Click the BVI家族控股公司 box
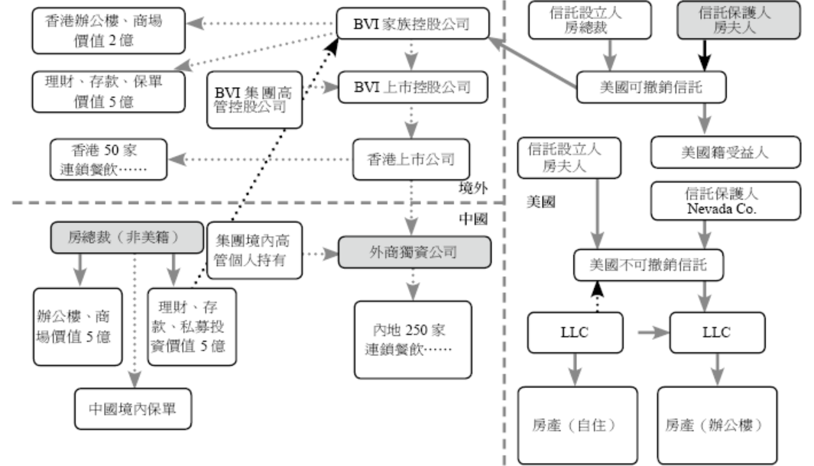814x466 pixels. tap(413, 25)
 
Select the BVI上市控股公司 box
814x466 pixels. tap(413, 87)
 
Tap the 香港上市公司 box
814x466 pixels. tap(410, 160)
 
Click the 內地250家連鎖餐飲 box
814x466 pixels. tap(413, 340)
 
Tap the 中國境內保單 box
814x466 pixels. tap(132, 409)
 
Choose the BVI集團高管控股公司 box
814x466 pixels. tap(255, 99)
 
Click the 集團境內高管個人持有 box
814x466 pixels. tap(255, 251)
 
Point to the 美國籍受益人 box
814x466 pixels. tap(725, 152)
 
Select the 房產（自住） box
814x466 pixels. tap(577, 424)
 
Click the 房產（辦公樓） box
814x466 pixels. tap(717, 424)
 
